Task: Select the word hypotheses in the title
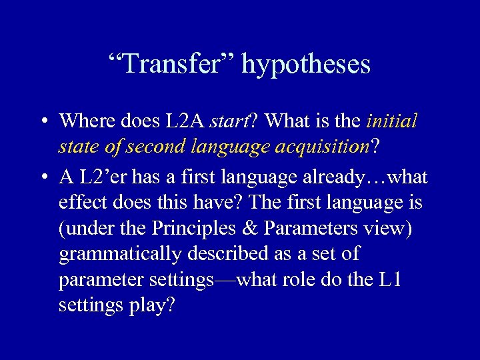(306, 65)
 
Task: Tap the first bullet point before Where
(43, 122)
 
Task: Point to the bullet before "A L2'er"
(43, 178)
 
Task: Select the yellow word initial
(392, 121)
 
